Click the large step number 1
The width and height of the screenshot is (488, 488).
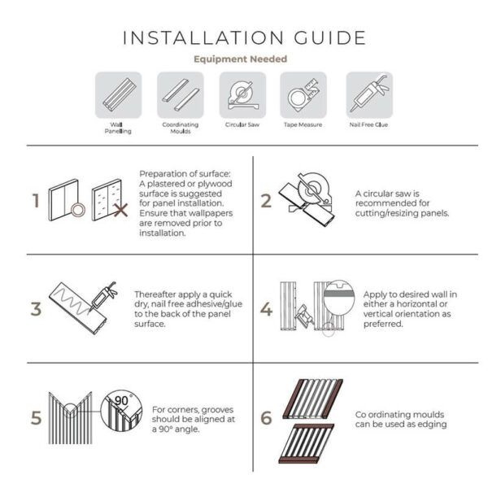tap(35, 201)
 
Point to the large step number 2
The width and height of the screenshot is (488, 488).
tap(266, 201)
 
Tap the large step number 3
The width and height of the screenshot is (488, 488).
tap(35, 309)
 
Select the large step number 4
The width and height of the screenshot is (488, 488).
tap(266, 309)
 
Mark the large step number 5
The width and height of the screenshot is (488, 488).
tap(35, 418)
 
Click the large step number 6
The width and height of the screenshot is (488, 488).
tap(266, 418)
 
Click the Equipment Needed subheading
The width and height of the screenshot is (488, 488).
tap(240, 59)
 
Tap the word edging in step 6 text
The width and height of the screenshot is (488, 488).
tap(431, 425)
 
